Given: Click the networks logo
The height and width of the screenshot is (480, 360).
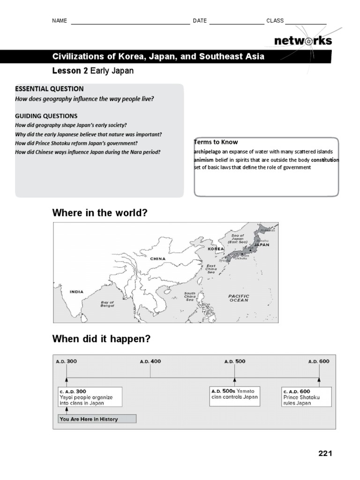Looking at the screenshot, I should pos(303,41).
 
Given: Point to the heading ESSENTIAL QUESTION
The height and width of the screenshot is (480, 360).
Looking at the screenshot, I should pos(49,89).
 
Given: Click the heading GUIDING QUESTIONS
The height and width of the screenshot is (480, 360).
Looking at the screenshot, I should pos(46,116).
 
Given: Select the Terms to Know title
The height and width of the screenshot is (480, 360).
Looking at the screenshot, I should pos(216,142).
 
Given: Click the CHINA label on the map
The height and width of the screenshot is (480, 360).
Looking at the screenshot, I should pos(158,258).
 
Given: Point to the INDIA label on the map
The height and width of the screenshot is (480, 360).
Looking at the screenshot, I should pos(76,292).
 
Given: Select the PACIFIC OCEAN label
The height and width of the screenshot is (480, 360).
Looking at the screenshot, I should pos(239,298).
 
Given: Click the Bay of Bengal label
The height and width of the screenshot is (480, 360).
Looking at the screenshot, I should pos(108,304).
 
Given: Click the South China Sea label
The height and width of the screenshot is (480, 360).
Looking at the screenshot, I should pos(190,296).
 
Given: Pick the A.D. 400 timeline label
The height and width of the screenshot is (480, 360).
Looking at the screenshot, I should pos(150,361).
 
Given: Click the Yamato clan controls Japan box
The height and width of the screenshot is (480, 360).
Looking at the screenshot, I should pos(234,394).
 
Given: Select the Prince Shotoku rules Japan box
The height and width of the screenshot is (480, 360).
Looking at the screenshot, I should pos(307,397).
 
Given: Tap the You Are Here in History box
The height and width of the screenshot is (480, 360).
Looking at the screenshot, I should pos(97,419).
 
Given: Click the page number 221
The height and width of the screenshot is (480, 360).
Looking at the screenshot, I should pos(325,453).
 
